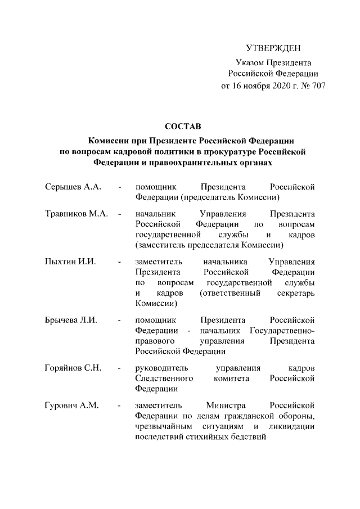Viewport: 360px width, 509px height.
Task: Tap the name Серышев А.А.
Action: pos(73,186)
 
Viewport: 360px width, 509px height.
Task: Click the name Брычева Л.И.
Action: pos(71,320)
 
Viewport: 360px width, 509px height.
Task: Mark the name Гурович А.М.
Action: pos(71,406)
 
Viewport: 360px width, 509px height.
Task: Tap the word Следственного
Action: pos(165,379)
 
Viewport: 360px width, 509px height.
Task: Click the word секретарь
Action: pos(296,294)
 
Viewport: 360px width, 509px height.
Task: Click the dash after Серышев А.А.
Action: pos(120,186)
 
